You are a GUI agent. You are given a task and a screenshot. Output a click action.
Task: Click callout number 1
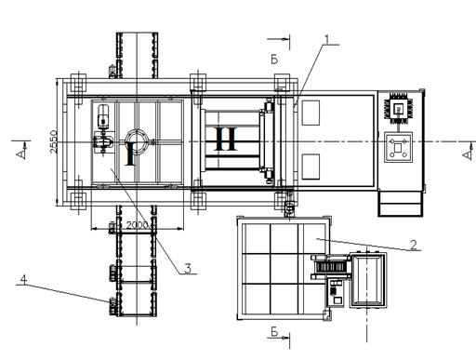[x=326, y=39]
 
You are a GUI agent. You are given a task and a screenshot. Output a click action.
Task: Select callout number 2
[x=414, y=245]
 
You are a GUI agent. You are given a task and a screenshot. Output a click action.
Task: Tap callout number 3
[x=188, y=269]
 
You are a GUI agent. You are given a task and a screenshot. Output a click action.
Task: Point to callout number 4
[x=23, y=279]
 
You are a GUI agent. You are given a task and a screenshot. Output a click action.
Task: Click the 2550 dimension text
[x=54, y=141]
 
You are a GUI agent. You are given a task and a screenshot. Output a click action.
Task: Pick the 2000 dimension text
[x=138, y=225]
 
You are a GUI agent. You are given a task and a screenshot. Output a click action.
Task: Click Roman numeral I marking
[x=130, y=153]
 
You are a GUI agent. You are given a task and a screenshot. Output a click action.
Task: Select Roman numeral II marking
[x=225, y=139]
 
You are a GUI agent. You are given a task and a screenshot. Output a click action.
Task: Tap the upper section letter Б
[x=274, y=60]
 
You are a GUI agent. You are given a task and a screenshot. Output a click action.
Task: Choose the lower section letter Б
[x=274, y=332]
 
